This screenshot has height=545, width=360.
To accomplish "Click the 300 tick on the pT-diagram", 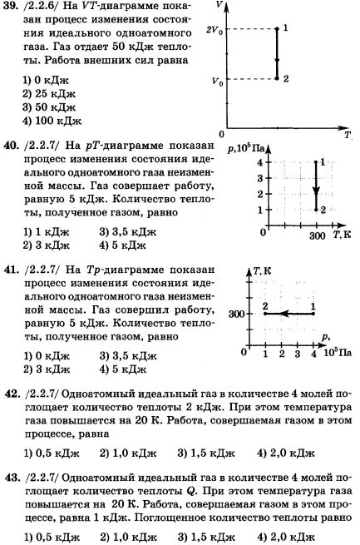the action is [317, 237].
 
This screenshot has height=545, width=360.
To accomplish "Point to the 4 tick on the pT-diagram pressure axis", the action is [259, 163].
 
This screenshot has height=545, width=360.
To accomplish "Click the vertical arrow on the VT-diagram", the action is [277, 54].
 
